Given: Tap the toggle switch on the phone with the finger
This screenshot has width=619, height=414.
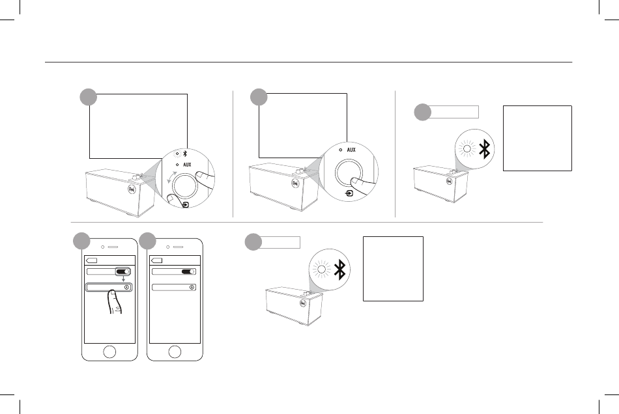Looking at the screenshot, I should [x=123, y=272].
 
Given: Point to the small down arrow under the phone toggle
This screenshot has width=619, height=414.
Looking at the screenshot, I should [x=123, y=282].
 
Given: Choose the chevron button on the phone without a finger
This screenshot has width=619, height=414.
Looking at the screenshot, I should [x=192, y=287].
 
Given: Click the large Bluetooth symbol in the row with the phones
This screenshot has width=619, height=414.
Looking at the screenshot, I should [x=339, y=269].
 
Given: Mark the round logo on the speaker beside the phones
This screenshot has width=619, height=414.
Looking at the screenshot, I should [x=302, y=302].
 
